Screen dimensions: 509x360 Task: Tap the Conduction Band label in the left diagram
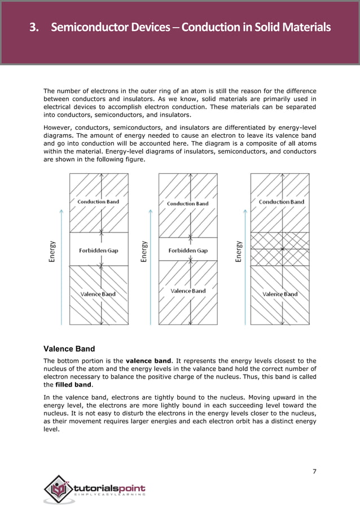click(x=98, y=201)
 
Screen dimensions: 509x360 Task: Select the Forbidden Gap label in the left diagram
click(x=98, y=251)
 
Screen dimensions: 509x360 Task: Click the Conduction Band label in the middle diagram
click(x=187, y=204)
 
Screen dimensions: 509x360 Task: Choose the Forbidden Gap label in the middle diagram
click(x=187, y=251)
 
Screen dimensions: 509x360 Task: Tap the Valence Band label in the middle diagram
click(x=188, y=291)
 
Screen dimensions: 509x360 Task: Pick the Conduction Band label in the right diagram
click(x=281, y=201)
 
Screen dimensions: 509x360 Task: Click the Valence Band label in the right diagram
click(x=280, y=294)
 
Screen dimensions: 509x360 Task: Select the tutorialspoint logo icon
click(x=58, y=489)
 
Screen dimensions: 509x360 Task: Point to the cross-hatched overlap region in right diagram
click(x=280, y=249)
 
